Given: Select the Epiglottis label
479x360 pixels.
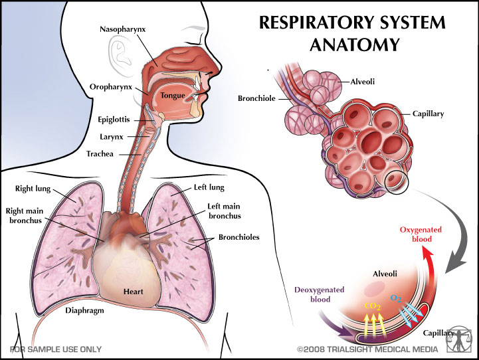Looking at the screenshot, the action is pos(112,119).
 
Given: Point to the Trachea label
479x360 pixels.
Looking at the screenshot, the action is pos(100,153).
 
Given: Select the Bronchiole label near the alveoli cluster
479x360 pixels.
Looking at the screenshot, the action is pos(256,98).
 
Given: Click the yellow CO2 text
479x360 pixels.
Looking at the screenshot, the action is pos(373,306).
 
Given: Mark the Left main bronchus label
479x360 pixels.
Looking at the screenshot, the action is pos(223,211).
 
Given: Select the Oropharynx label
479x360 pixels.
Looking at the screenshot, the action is pos(110,86).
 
